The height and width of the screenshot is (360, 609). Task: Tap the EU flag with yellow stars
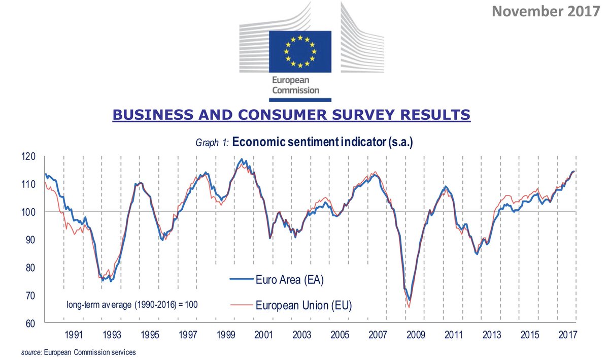click(x=300, y=51)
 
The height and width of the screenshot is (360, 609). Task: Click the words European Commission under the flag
click(x=295, y=85)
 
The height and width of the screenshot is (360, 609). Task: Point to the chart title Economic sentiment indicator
click(x=322, y=143)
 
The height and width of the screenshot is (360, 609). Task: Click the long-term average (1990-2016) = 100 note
click(x=132, y=305)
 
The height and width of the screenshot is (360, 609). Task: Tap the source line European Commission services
click(x=79, y=352)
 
